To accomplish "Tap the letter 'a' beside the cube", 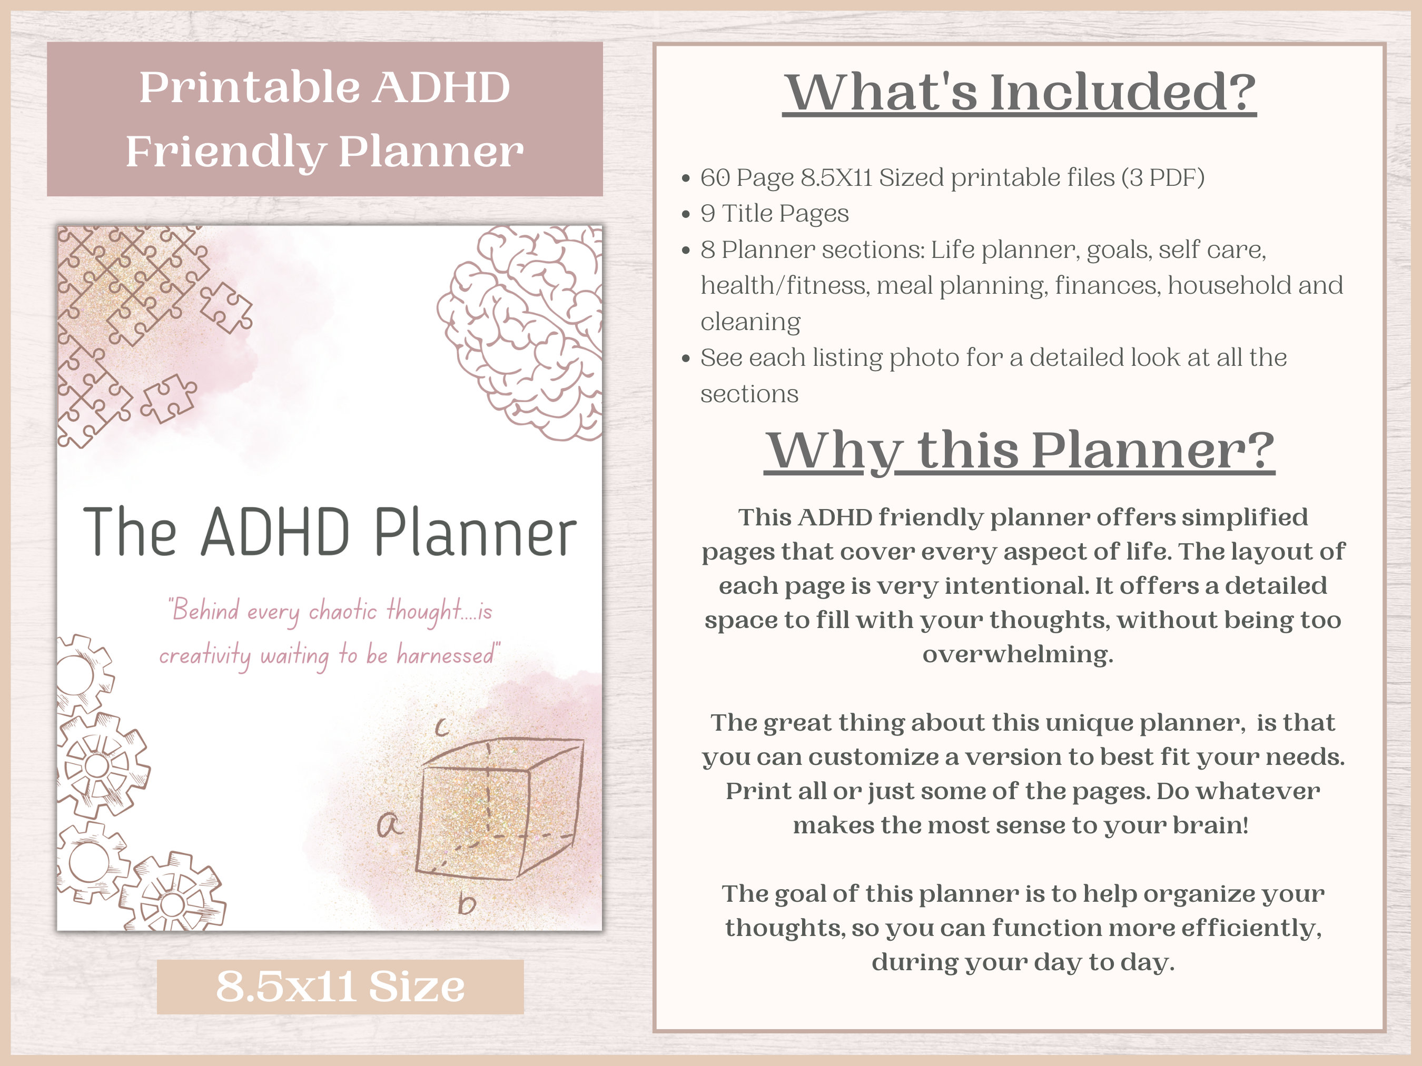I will click(x=389, y=824).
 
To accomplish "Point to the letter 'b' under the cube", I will click(x=467, y=904).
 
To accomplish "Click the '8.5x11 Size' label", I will click(x=340, y=987).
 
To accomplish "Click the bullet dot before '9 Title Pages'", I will click(x=686, y=214).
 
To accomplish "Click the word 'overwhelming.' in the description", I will click(x=1018, y=654).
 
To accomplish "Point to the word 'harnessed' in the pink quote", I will click(x=445, y=655).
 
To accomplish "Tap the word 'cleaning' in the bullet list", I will click(x=750, y=321).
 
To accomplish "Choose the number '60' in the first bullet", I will click(x=715, y=177).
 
